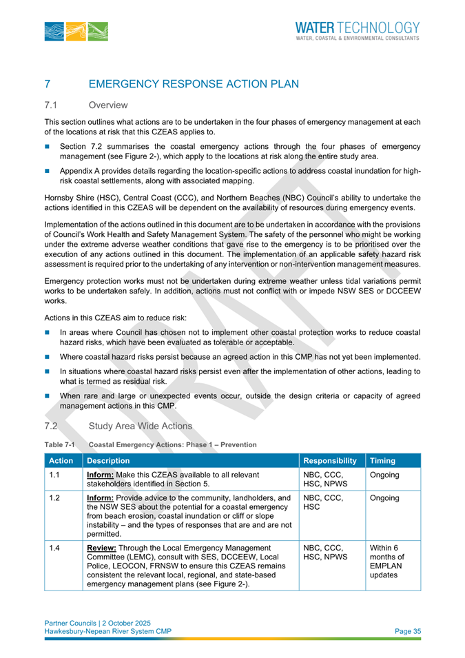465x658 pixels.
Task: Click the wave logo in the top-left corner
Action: tap(70, 31)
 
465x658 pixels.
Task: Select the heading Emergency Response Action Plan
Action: tap(194, 84)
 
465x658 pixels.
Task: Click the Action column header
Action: tap(61, 460)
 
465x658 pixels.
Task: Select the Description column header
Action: tap(113, 460)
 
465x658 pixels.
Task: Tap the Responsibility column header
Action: tap(330, 460)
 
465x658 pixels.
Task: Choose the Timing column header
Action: tap(382, 460)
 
